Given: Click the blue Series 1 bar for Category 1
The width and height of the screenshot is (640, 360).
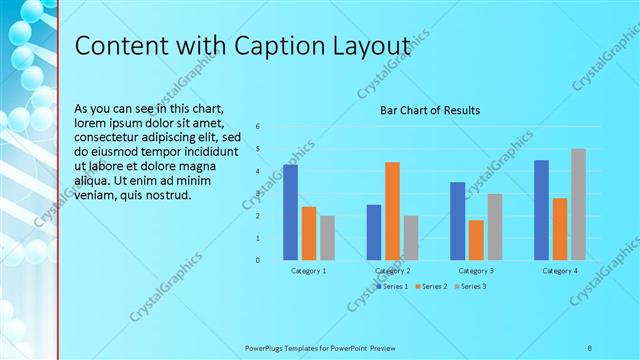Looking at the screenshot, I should coord(290,212).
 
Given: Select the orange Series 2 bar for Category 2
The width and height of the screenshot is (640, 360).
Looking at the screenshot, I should coord(392,210).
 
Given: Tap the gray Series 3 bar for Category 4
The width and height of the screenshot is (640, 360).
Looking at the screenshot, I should coord(578,204).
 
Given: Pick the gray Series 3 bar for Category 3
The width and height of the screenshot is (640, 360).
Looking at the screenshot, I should coord(495,227).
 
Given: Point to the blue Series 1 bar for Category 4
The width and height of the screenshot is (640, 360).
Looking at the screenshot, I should coord(541,210).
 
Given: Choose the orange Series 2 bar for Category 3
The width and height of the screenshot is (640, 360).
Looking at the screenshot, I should coord(476,240).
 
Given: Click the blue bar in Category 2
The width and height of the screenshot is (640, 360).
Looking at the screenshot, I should coord(374,232).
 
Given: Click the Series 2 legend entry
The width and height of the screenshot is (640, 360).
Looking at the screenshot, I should coord(431,287).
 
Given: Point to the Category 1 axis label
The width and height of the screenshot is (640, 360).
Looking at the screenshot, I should coord(308,271).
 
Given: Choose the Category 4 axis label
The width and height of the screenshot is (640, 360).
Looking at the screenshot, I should coord(559,271).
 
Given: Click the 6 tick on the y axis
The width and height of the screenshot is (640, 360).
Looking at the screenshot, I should coord(258,127).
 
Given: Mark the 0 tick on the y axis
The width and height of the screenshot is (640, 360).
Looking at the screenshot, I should coord(258,261).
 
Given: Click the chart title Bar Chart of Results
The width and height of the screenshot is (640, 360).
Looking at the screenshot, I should coord(430,110).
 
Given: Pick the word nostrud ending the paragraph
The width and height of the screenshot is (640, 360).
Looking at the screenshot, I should coord(166,194).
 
